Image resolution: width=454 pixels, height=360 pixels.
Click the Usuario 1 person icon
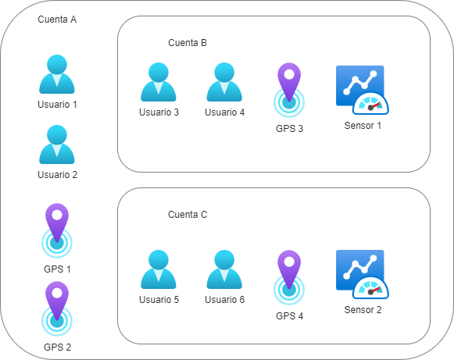[x=57, y=75]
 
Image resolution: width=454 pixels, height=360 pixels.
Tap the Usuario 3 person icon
[x=159, y=83]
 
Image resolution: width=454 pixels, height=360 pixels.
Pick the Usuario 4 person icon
[x=224, y=83]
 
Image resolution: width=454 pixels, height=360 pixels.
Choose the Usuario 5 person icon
[x=159, y=270]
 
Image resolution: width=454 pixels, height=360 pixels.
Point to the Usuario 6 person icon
[x=224, y=270]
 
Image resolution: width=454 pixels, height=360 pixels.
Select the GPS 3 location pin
[x=290, y=91]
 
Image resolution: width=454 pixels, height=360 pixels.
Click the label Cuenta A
[x=57, y=19]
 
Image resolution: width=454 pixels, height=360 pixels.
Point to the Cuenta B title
[x=188, y=43]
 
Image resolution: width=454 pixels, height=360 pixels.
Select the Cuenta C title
[x=188, y=214]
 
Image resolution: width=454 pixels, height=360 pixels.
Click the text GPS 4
[x=290, y=316]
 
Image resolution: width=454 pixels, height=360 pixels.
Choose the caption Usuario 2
[x=57, y=174]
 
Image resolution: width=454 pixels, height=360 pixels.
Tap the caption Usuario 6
[x=224, y=299]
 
